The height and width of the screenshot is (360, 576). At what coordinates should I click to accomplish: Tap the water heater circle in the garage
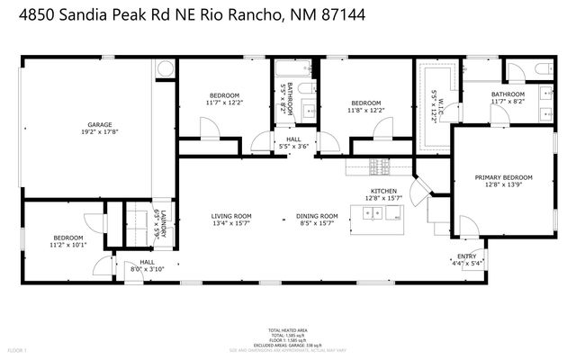tap(165, 69)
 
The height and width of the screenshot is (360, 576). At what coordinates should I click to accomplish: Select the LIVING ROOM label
tap(231, 216)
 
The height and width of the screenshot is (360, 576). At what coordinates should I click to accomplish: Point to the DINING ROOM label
tap(317, 216)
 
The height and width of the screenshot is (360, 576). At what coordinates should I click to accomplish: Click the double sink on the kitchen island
tap(381, 213)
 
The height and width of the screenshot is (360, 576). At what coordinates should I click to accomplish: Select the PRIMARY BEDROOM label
tap(504, 178)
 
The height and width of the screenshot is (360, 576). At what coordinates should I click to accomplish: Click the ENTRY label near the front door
tap(467, 257)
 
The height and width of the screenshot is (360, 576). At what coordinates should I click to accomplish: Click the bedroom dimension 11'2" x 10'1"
tap(67, 244)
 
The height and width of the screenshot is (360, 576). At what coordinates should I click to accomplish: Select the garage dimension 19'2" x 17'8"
tap(99, 131)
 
